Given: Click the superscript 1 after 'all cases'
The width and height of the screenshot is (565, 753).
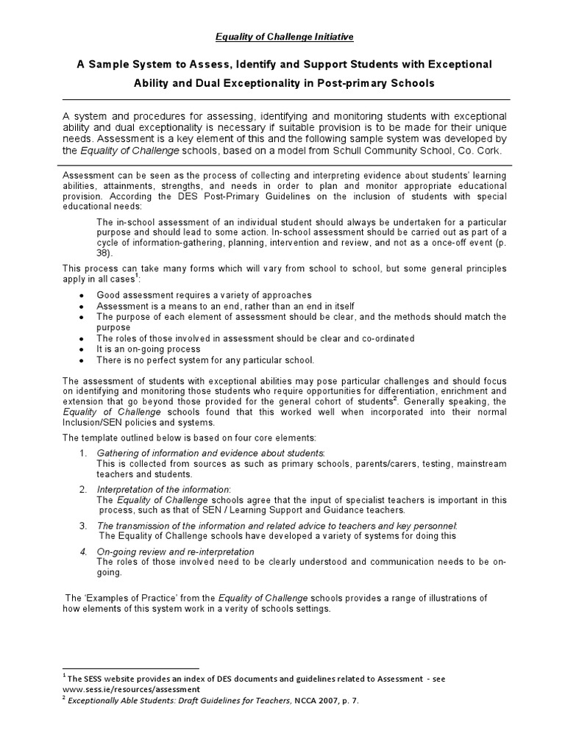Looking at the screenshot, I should (137, 277).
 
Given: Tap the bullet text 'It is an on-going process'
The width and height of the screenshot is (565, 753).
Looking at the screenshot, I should (148, 349).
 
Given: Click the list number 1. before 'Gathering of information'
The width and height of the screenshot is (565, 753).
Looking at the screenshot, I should (83, 452).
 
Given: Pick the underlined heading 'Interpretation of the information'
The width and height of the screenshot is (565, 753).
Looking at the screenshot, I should (163, 489).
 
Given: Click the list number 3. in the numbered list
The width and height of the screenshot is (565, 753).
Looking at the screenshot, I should (83, 525).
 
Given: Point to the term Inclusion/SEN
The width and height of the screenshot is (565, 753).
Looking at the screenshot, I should (95, 424).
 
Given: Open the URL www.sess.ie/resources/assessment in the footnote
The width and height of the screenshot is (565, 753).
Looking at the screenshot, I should (131, 689).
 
